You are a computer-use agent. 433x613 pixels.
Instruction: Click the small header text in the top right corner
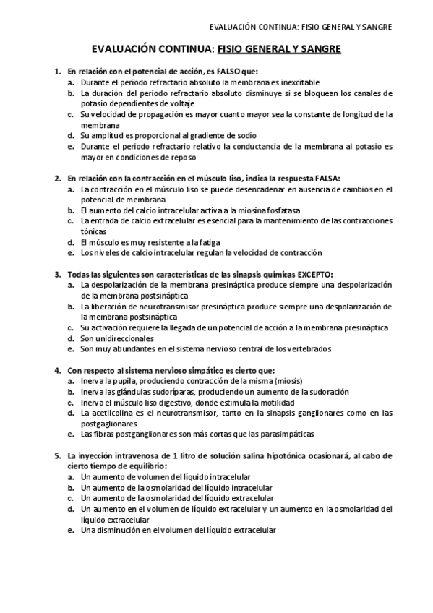300,27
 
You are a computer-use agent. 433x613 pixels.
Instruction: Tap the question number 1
58,72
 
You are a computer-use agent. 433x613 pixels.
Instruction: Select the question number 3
58,275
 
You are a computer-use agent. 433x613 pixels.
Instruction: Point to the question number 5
58,456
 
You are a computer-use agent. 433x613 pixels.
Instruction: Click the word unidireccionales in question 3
117,338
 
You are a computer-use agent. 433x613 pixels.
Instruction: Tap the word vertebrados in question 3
309,348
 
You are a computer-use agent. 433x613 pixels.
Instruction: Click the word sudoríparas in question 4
160,392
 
